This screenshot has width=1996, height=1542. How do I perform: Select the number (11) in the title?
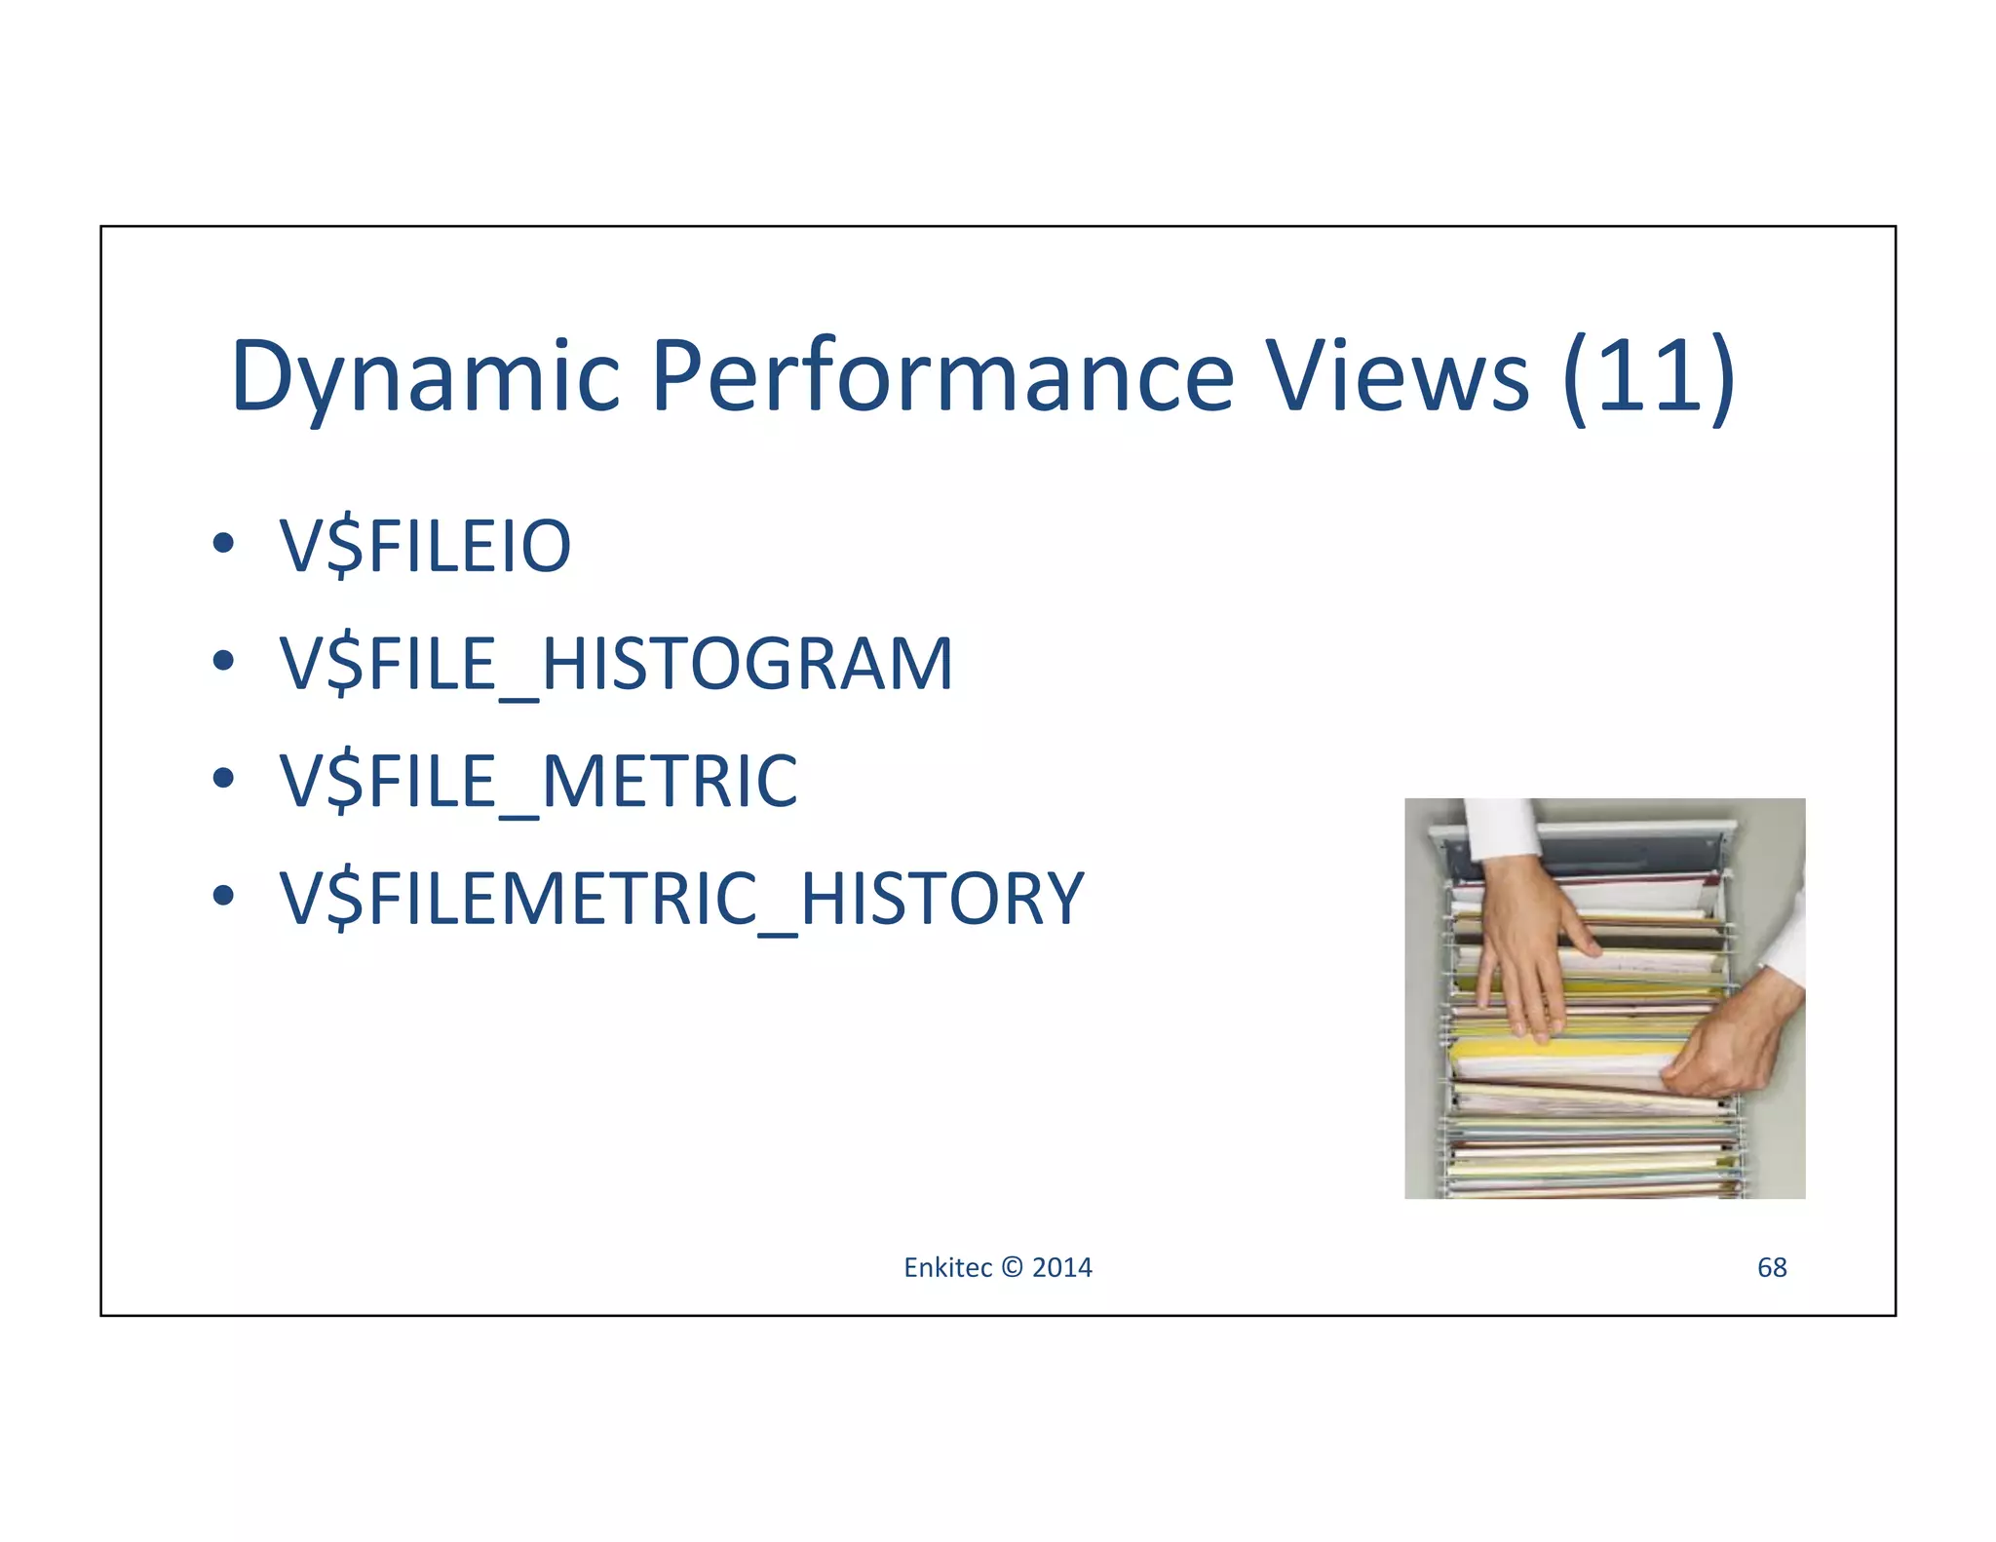point(1648,377)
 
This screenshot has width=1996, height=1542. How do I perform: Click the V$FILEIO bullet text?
point(425,546)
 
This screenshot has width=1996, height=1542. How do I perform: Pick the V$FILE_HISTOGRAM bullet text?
point(616,664)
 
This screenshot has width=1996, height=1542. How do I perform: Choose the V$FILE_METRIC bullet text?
point(538,781)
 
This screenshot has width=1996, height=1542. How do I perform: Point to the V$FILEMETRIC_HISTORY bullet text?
point(681,898)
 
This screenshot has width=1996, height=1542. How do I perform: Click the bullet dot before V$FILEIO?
point(223,544)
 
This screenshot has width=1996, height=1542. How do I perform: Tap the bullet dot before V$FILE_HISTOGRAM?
point(223,661)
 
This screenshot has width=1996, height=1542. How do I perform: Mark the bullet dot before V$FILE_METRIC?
point(223,778)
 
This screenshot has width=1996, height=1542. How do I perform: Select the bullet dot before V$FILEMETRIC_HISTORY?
point(223,895)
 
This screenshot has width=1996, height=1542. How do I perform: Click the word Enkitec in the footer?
point(946,1267)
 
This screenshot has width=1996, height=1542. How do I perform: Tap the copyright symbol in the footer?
point(1012,1267)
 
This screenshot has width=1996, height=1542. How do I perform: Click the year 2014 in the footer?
point(1062,1267)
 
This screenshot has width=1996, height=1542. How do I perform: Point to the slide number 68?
point(1771,1267)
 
